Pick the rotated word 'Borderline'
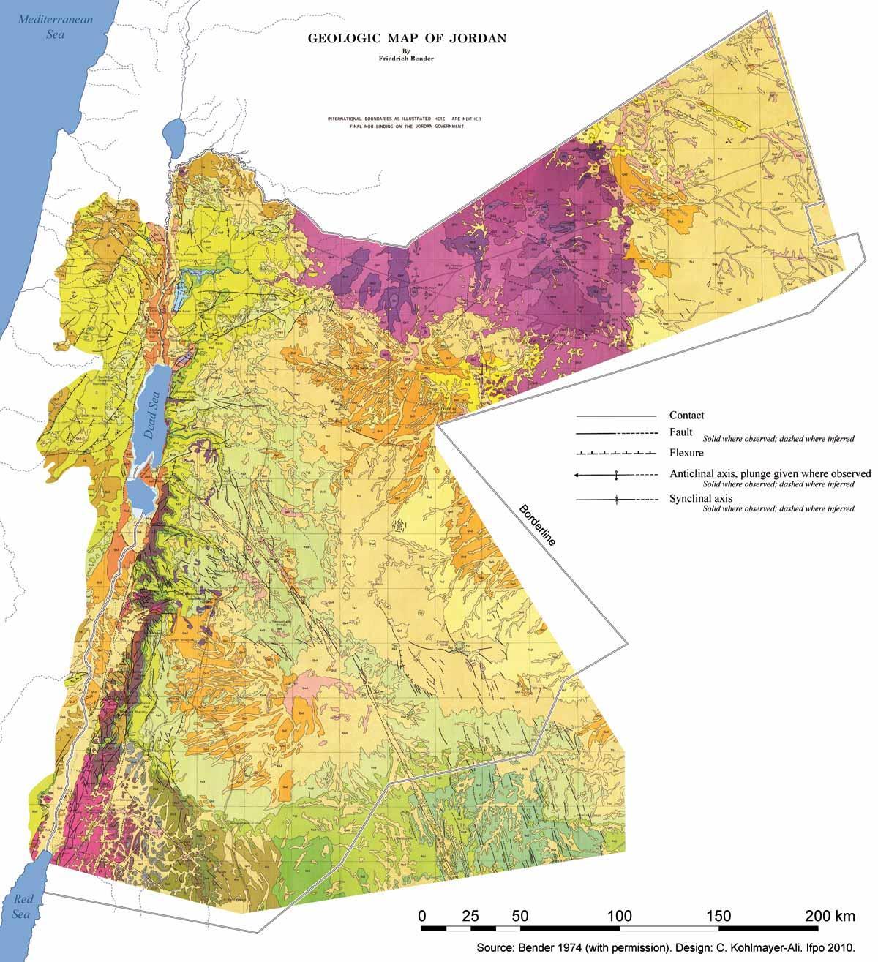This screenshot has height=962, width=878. pyautogui.click(x=537, y=525)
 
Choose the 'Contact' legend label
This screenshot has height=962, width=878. pyautogui.click(x=686, y=416)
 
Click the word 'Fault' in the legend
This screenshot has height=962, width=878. pyautogui.click(x=680, y=432)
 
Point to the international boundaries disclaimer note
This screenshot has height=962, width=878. pyautogui.click(x=405, y=121)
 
